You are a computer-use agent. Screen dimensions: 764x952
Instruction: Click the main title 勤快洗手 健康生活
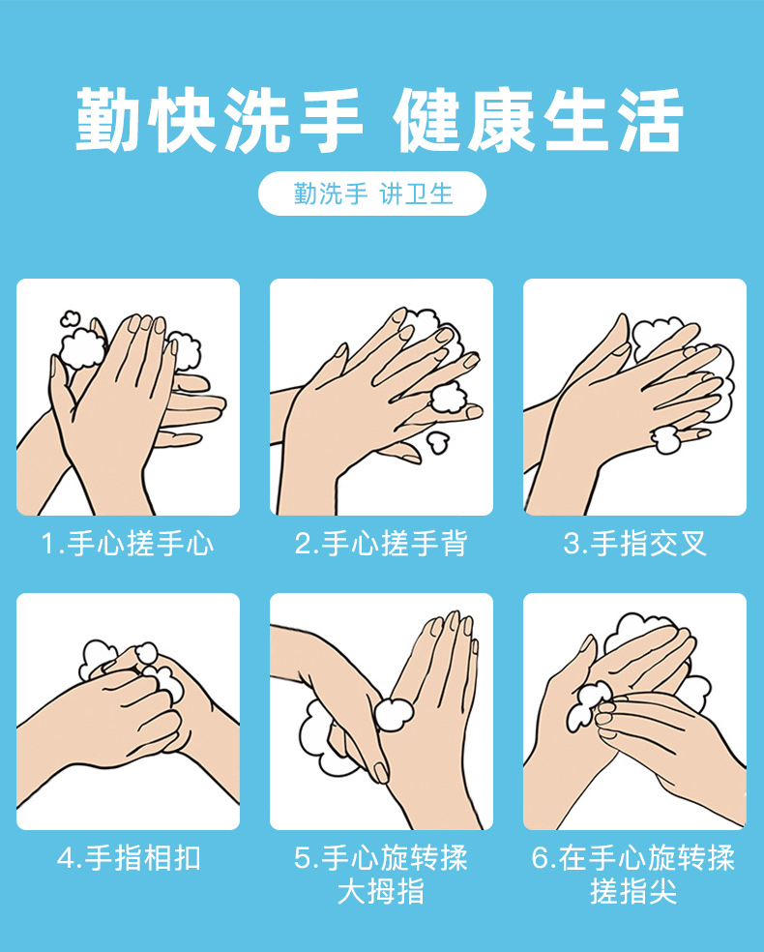[x=379, y=119]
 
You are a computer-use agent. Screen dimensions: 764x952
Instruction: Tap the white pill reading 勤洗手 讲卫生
[x=372, y=193]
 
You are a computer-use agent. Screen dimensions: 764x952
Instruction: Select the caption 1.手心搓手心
[x=128, y=544]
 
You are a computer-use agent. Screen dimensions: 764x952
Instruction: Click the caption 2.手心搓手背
[x=381, y=544]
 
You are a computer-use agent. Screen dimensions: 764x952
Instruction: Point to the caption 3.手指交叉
[x=634, y=544]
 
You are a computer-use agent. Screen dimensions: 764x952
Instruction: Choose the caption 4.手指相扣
[x=128, y=858]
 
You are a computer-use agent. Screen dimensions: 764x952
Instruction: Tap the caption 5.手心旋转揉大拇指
[x=381, y=875]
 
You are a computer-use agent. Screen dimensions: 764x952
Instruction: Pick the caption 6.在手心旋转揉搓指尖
[x=633, y=875]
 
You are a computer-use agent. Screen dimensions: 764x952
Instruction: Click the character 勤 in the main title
[x=109, y=119]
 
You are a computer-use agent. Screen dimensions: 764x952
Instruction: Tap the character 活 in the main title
[x=651, y=119]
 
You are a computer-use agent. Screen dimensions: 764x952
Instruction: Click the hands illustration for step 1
[x=128, y=397]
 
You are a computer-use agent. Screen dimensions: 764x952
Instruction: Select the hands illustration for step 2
[x=381, y=397]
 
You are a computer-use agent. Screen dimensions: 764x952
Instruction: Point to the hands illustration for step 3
[x=634, y=397]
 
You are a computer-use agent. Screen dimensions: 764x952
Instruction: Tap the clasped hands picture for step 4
[x=128, y=711]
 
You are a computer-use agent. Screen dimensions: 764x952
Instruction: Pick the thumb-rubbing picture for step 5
[x=381, y=711]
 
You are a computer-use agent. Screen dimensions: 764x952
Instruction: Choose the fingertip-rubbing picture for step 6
[x=634, y=711]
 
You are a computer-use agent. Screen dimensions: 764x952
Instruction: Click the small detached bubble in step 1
[x=70, y=318]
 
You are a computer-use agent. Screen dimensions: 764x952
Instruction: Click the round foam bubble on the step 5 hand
[x=394, y=715]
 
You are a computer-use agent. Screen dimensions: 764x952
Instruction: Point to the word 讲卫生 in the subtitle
[x=416, y=194]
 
